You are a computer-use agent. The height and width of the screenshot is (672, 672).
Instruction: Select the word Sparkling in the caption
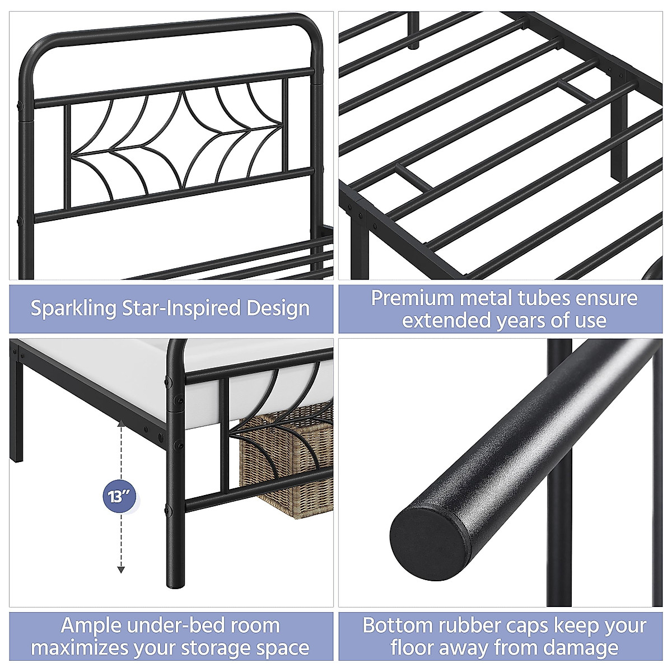[73, 309]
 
